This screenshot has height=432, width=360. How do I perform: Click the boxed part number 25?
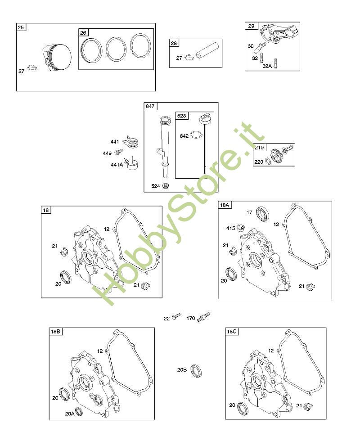point(21,27)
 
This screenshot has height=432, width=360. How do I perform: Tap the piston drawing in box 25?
point(57,58)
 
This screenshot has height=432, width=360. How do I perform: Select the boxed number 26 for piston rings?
point(83,33)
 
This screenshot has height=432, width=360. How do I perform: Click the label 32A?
point(267,66)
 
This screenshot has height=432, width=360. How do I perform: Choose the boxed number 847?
point(150,106)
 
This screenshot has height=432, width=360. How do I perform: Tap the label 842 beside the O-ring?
point(184,136)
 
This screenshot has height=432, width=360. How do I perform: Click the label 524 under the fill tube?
point(155,186)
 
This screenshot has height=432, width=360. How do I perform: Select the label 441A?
point(117,165)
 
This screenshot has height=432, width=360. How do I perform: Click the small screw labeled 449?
point(119,151)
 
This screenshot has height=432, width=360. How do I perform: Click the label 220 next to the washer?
point(259,162)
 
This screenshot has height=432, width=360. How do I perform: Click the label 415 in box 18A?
point(230,228)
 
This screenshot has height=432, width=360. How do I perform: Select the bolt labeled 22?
point(176,316)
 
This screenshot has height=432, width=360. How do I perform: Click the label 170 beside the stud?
point(191,318)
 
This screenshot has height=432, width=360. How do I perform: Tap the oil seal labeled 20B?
point(196,370)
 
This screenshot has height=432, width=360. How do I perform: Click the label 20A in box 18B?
point(70,414)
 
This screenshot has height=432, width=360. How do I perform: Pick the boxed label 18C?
point(232,332)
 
